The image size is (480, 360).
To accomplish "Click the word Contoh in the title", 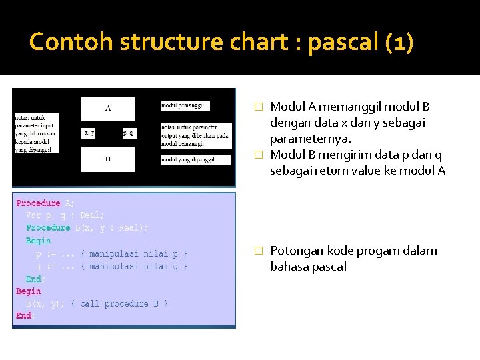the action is point(71,43).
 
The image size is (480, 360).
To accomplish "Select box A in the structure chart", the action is point(108,108).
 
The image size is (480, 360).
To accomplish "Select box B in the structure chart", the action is point(108,159).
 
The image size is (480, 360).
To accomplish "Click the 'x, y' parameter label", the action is point(89,133).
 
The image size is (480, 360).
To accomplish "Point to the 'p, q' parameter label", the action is point(129,133).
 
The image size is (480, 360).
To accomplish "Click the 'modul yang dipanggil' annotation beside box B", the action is point(188,159).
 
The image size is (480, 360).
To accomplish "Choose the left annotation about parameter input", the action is point(36,133).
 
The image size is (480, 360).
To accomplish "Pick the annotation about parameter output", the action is point(196,135).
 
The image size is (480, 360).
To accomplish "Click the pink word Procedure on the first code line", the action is point(38,203).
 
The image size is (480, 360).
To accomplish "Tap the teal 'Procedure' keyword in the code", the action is point(48,228).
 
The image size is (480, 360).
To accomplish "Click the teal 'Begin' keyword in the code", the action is point(38,241).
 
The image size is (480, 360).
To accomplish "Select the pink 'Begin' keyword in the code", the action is point(29,291).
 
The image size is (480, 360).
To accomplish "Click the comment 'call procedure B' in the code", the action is point(124,304).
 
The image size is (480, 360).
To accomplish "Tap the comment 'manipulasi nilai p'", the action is point(133,253).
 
